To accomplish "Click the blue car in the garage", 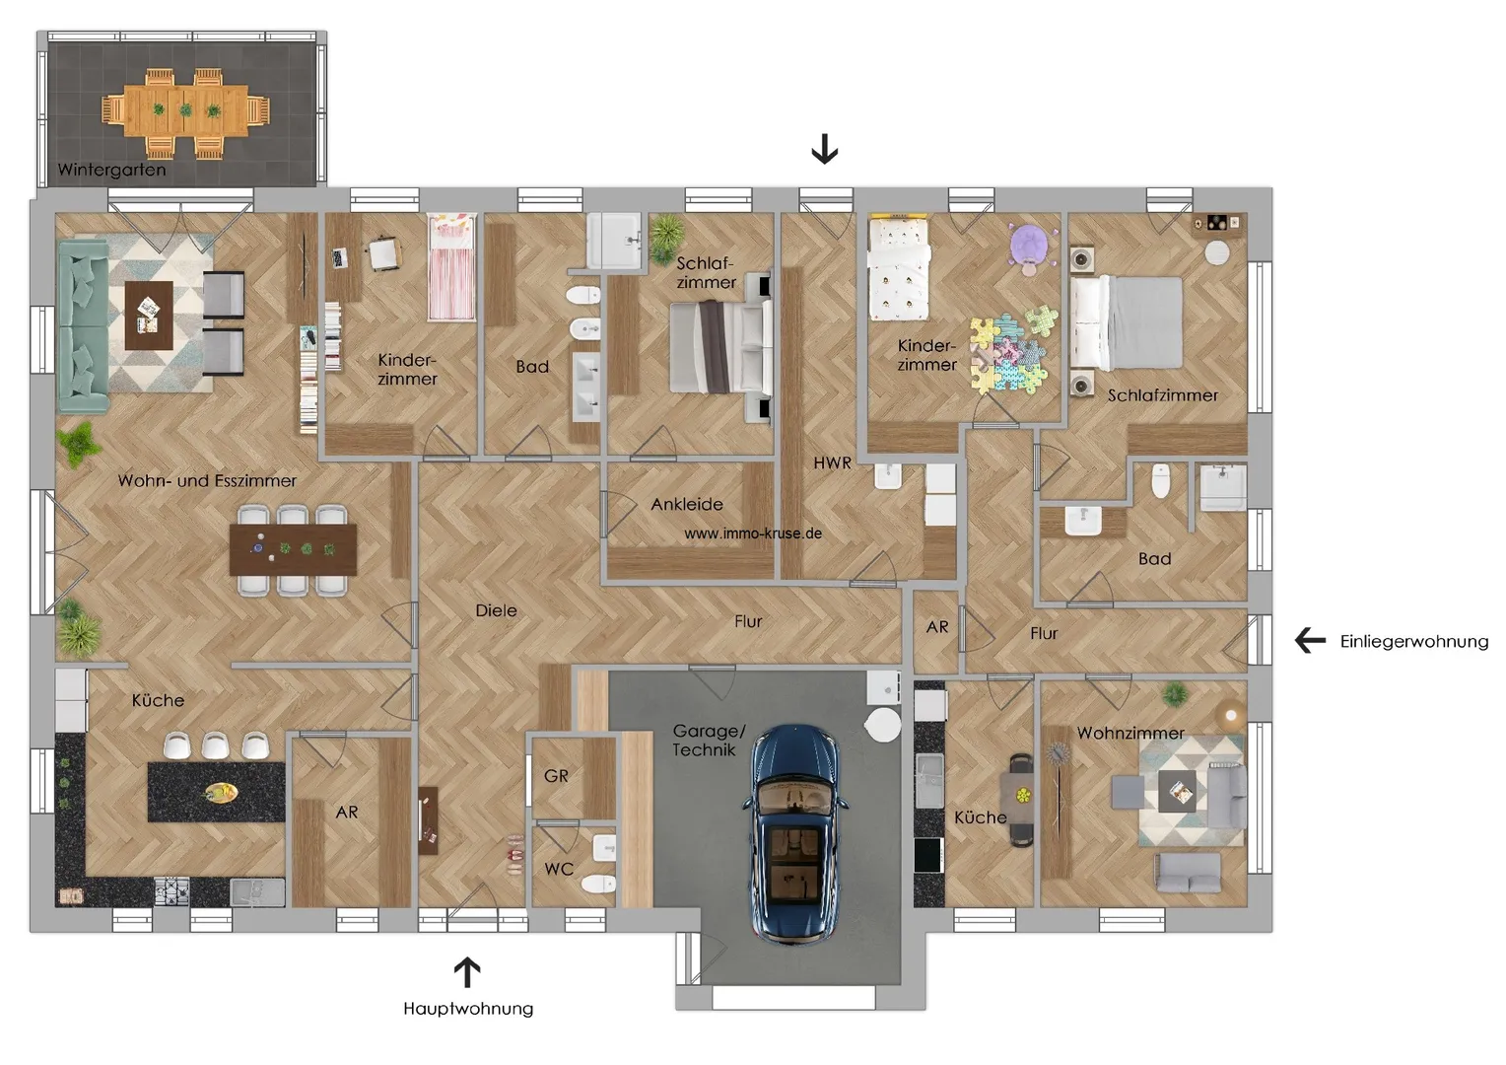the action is click(794, 834).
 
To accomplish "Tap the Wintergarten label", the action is click(111, 170).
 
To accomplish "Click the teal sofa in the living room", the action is click(84, 327).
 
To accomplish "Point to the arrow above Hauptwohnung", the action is click(467, 973).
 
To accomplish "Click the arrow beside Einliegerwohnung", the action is click(1310, 641).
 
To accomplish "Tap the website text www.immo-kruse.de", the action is click(753, 533).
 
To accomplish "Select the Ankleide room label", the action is click(686, 504).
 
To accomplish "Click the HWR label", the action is click(832, 462).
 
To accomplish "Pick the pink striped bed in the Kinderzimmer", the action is click(451, 267).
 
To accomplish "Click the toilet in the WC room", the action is click(598, 883).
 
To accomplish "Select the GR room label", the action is click(556, 776).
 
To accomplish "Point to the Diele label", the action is click(496, 610).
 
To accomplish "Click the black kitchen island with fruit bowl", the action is click(217, 791).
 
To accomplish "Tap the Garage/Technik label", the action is click(709, 740).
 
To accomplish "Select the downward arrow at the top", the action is click(825, 149).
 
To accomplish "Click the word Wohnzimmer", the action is click(1130, 734).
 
